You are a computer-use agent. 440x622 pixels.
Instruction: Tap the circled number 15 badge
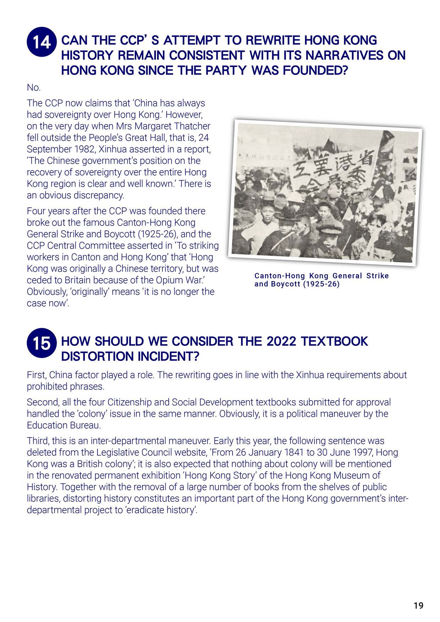(41, 343)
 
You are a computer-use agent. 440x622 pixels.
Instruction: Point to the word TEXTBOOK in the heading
(334, 341)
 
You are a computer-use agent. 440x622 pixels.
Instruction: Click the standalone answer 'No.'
(34, 87)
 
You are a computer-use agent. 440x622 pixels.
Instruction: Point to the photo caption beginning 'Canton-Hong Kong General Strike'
(321, 280)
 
